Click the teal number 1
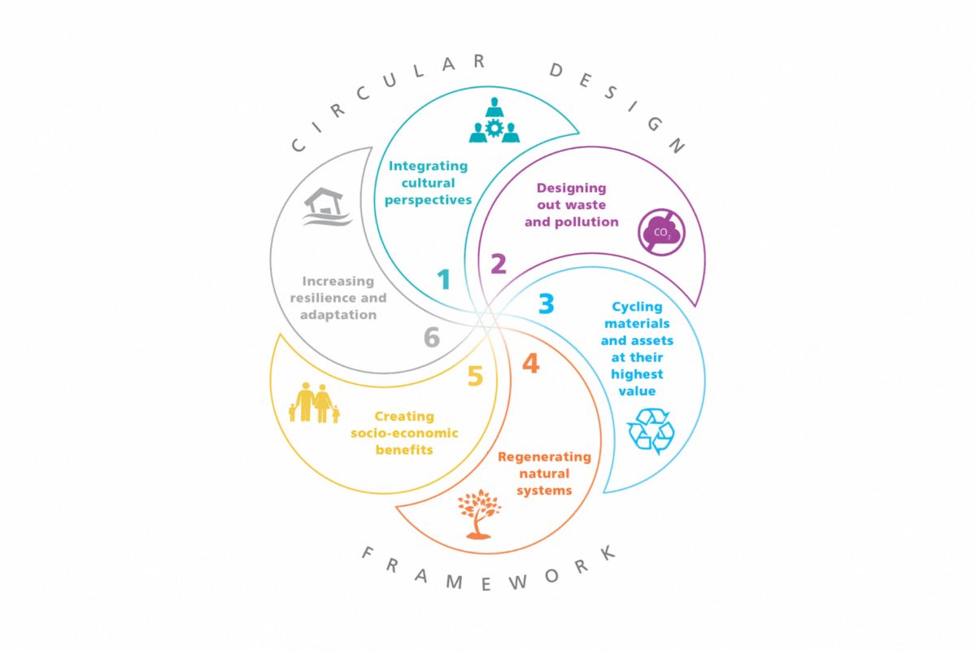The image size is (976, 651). [x=443, y=280]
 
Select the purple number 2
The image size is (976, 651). [x=499, y=264]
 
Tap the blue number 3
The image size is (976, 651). [x=547, y=304]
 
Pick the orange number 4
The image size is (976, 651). [x=530, y=364]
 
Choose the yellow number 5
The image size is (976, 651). [x=476, y=376]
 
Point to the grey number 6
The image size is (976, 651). [x=431, y=337]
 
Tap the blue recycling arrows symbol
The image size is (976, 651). [x=651, y=431]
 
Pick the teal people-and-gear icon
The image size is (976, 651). [x=494, y=121]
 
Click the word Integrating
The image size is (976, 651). [x=429, y=166]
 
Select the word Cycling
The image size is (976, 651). [x=637, y=307]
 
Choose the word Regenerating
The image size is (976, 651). [x=544, y=457]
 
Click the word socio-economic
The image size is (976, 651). [x=404, y=433]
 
